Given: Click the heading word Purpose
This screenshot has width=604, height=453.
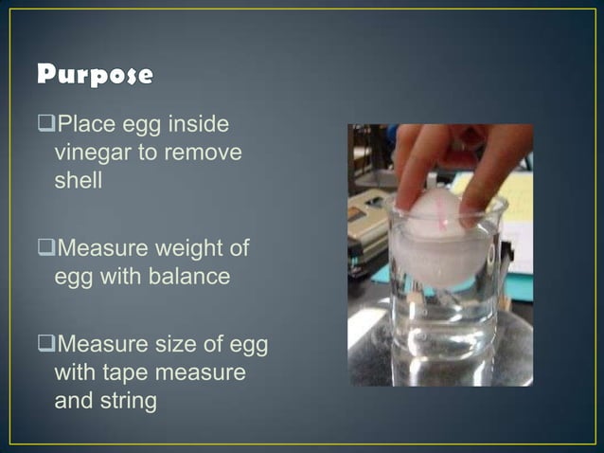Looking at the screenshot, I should pos(95,75).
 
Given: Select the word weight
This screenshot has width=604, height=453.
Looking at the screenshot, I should pos(196,248).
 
